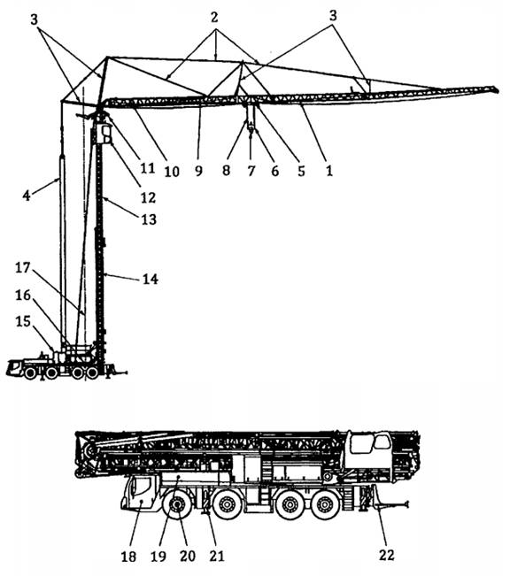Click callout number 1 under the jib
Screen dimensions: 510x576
(328, 171)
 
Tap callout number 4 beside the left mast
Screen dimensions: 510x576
(26, 195)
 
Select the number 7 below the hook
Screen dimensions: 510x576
(251, 171)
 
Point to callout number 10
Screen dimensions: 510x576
(172, 171)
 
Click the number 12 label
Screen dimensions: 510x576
(149, 197)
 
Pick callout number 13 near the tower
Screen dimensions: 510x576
(149, 219)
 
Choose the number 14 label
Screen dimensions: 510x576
(151, 280)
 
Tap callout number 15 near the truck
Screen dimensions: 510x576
(23, 321)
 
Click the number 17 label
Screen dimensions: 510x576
(22, 267)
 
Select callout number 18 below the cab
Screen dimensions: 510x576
(128, 557)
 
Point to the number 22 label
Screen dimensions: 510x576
(386, 555)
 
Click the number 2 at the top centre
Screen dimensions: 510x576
(214, 17)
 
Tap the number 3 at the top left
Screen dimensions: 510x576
(35, 19)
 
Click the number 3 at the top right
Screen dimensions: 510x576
(333, 16)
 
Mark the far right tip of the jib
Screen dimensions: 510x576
(498, 89)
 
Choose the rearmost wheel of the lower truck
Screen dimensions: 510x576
(325, 504)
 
